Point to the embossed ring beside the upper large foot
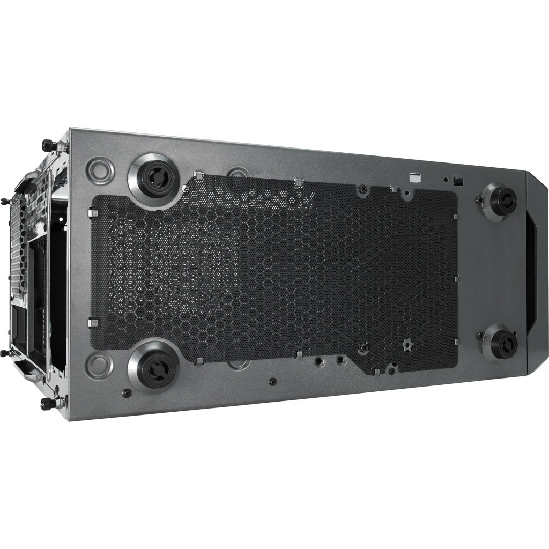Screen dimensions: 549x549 click(101, 169)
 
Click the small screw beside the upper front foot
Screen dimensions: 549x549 click(478, 201)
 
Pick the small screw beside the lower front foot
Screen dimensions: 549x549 click(479, 336)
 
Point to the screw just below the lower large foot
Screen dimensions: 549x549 click(127, 393)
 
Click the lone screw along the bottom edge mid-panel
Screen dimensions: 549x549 click(273, 381)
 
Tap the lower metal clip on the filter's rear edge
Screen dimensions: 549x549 click(91, 323)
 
